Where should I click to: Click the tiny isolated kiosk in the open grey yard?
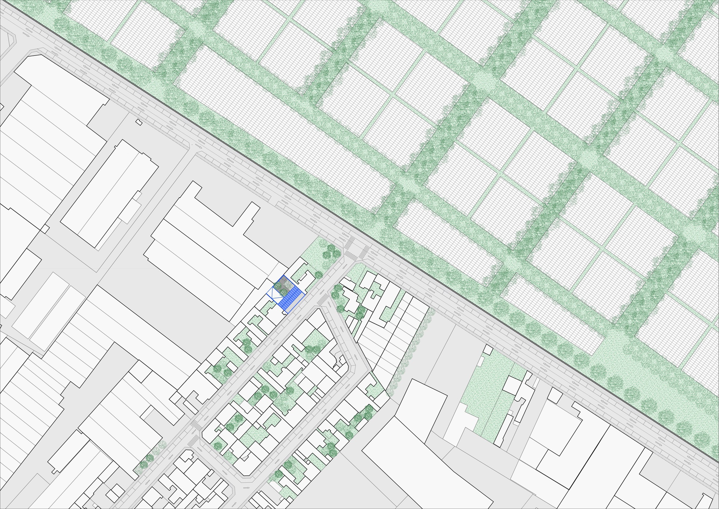(139, 122)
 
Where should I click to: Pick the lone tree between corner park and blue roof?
(319, 275)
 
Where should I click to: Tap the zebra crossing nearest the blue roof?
(323, 298)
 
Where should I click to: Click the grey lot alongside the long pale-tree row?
(431, 346)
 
